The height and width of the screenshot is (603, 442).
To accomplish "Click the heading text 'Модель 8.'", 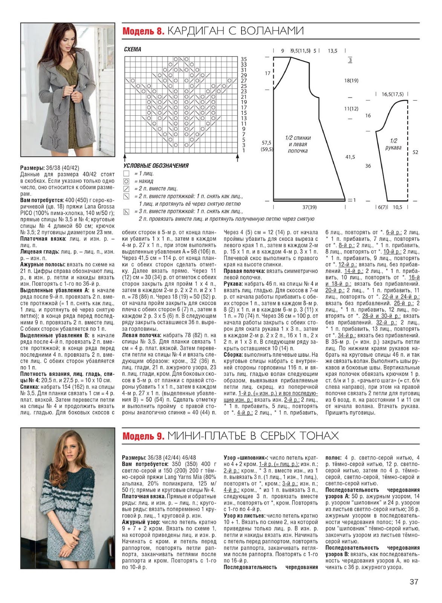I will click(x=143, y=31).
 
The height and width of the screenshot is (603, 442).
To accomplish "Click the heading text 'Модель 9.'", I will click(x=143, y=436).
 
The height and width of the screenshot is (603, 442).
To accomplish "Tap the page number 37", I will click(x=414, y=582).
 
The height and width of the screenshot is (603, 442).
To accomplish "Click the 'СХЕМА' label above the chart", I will click(x=132, y=49).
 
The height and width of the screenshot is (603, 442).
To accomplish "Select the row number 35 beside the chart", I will click(x=243, y=60).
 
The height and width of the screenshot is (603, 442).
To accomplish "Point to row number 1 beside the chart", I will click(x=243, y=150).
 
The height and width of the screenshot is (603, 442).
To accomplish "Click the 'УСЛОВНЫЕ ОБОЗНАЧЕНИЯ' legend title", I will click(x=156, y=166).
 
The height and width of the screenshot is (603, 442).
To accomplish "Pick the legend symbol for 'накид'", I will click(x=127, y=181).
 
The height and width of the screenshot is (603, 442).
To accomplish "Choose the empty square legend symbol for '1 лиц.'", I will click(x=127, y=174).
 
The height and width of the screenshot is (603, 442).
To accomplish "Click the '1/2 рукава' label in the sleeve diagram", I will click(x=393, y=144).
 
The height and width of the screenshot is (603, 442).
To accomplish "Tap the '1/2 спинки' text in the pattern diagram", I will click(x=298, y=138).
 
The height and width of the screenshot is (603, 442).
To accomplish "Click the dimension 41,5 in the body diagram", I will click(x=350, y=157).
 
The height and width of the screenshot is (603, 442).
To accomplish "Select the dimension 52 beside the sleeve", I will click(x=415, y=152).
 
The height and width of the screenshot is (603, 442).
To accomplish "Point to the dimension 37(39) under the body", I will click(x=309, y=207).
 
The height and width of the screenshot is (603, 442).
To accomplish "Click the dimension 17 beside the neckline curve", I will click(x=268, y=73).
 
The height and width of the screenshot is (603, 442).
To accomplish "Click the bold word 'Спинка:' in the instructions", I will click(x=31, y=387).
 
